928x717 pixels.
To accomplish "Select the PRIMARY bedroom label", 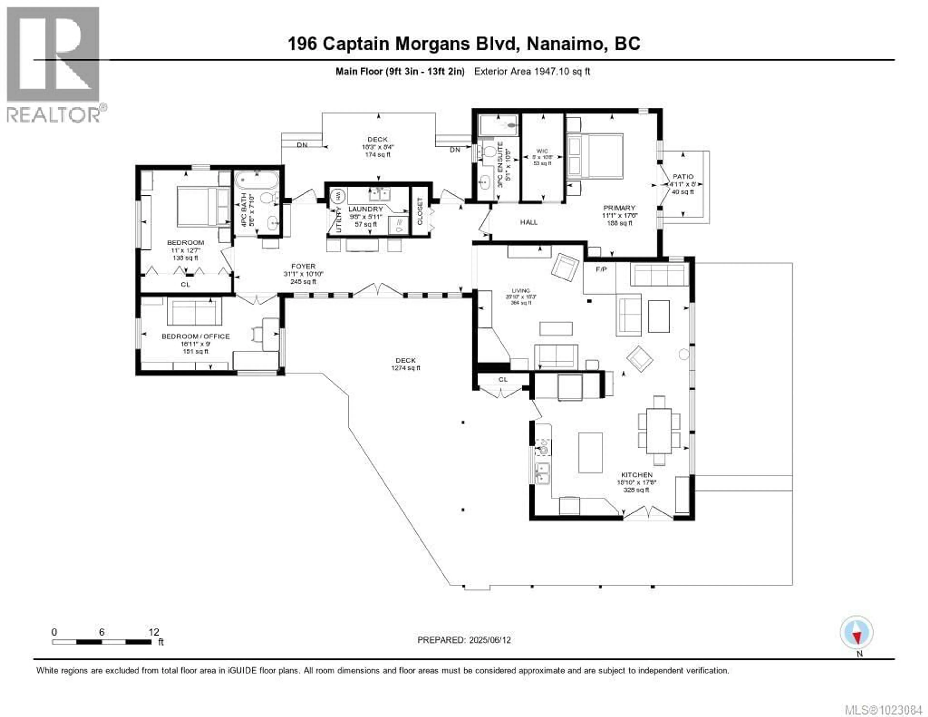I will [x=619, y=208].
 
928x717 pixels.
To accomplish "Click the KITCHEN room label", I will [x=637, y=475].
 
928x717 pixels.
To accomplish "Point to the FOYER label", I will [x=303, y=266].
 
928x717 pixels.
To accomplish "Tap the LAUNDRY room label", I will [x=365, y=209].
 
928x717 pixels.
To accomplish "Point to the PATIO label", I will [x=683, y=176].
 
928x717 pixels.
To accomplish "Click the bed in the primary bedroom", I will [x=595, y=156].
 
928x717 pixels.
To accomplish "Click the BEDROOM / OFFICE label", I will [x=196, y=336].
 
